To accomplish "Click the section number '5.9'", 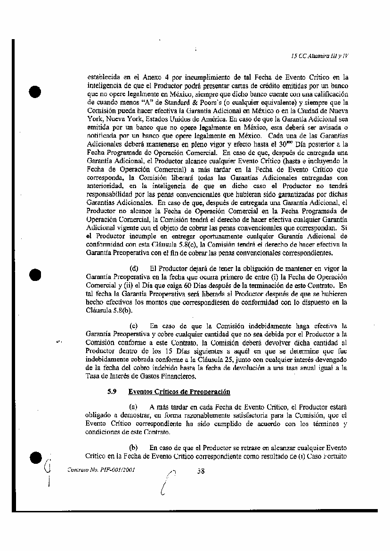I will (112, 392).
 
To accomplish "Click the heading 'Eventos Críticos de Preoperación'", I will (179, 392).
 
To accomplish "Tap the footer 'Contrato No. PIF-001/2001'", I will (97, 470).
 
